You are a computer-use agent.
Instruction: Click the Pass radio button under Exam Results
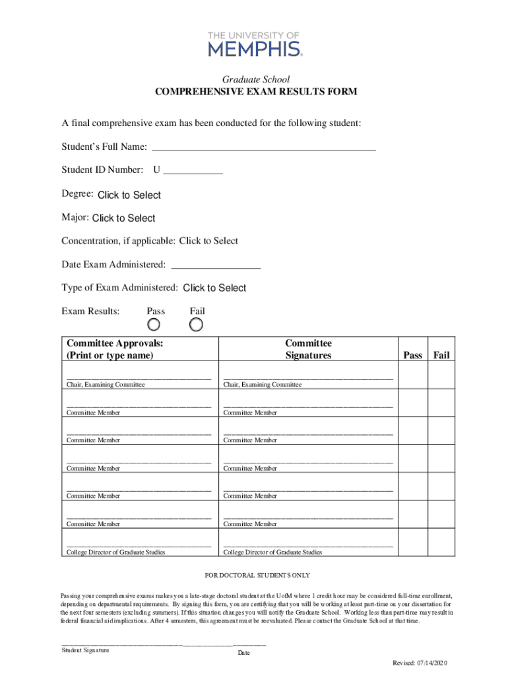[x=154, y=325]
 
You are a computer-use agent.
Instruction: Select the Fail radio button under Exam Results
[x=196, y=325]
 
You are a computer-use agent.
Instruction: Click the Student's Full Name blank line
[x=264, y=146]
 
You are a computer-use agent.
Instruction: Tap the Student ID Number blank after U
[x=193, y=170]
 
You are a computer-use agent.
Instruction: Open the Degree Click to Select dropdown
[x=129, y=195]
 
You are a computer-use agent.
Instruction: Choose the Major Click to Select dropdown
[x=124, y=219]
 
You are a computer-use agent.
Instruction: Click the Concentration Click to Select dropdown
[x=208, y=241]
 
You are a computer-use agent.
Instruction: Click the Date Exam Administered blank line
[x=216, y=265]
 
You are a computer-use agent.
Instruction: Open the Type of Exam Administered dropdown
[x=214, y=288]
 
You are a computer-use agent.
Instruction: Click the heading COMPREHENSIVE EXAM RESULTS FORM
[x=256, y=92]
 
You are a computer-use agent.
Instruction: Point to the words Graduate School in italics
[x=256, y=80]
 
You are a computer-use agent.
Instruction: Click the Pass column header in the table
[x=412, y=355]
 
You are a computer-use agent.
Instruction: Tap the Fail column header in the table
[x=441, y=355]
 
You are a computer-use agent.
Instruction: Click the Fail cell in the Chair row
[x=441, y=374]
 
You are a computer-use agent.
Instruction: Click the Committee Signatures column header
[x=308, y=349]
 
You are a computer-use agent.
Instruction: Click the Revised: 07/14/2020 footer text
[x=420, y=663]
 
